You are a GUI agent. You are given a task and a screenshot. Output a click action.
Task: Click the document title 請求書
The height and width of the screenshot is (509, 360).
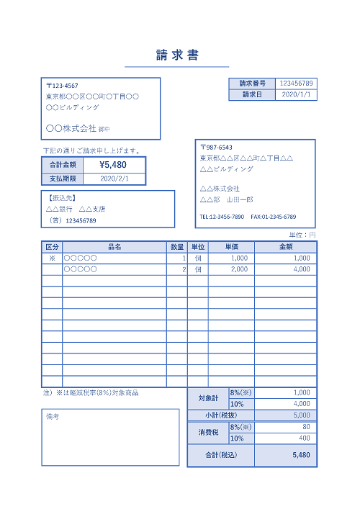[x=177, y=55]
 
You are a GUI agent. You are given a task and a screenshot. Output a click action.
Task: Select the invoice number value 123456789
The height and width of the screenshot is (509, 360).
[x=296, y=84]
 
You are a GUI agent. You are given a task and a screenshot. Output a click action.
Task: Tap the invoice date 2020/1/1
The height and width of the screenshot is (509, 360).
[x=296, y=94]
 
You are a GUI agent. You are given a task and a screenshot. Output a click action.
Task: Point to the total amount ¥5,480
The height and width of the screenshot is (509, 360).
[x=113, y=165]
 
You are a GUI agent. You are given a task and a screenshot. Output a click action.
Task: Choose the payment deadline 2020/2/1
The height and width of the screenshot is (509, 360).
[x=113, y=179]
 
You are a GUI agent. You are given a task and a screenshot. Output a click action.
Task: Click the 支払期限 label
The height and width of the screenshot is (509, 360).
[x=63, y=179]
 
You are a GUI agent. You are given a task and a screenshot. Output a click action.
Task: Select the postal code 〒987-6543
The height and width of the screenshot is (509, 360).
[x=216, y=147]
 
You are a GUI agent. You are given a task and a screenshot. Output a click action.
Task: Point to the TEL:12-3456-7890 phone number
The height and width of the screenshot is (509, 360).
[x=222, y=217]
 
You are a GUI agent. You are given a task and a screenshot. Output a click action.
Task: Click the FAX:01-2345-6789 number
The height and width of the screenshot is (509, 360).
[x=273, y=217]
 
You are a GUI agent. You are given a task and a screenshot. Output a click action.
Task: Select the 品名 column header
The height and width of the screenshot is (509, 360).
[x=114, y=246]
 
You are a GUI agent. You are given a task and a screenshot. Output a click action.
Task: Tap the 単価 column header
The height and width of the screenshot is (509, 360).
[x=231, y=246]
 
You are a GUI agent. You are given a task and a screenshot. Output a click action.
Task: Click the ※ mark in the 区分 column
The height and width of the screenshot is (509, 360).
[x=52, y=258]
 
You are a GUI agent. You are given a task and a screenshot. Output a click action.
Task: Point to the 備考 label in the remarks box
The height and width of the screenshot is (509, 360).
[x=52, y=417]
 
